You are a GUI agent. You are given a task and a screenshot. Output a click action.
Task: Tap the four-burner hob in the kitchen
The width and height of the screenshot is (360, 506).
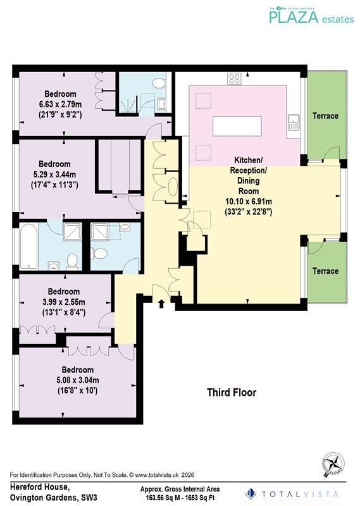coord(233,79)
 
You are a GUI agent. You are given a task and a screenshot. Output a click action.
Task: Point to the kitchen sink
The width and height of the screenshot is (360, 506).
coord(294,122)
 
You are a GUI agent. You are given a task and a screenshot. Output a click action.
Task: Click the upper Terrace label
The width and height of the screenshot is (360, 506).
coord(326,116)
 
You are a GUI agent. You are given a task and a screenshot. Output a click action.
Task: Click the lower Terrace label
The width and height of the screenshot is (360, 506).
coord(326,271)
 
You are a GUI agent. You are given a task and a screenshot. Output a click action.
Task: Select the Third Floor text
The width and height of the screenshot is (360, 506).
coord(232,393)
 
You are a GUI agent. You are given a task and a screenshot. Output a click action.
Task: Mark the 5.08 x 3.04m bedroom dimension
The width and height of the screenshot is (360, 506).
coord(77,380)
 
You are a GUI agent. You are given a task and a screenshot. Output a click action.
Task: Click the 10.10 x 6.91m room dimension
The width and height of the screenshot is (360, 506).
coord(249,202)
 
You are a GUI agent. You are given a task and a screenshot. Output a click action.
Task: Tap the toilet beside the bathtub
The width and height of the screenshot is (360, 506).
coord(72,260)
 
